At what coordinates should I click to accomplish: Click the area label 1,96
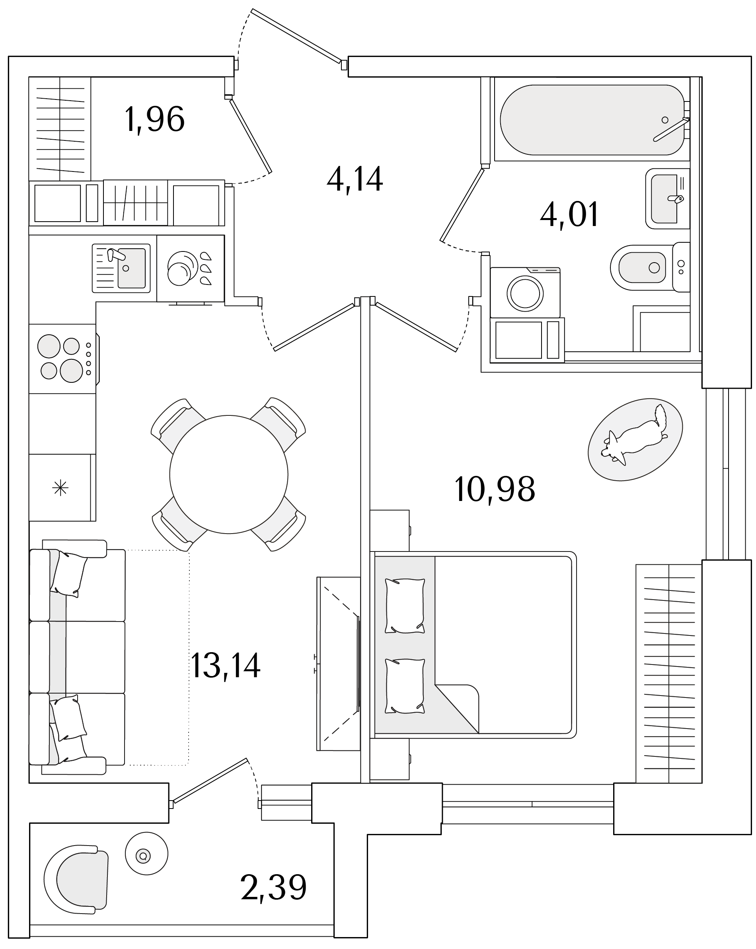coord(154,120)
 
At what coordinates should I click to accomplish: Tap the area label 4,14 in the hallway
coord(355,179)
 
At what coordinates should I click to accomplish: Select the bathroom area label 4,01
coord(569,215)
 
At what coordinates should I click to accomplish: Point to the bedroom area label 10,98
coord(494,489)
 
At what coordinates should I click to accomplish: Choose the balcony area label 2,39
coord(273,888)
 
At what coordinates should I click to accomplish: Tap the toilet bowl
coord(643,267)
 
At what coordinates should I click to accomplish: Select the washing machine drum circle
coord(525,293)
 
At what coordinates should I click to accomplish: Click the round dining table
coord(229,474)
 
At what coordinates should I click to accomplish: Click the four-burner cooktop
coord(62,359)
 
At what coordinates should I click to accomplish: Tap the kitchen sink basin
coord(131,268)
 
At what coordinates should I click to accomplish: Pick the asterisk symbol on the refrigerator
coord(60,488)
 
